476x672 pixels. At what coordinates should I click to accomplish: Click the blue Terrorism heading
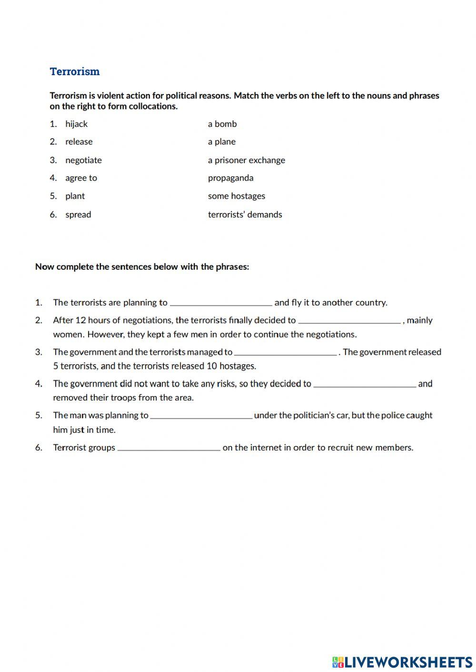(75, 72)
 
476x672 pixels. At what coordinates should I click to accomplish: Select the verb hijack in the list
(76, 124)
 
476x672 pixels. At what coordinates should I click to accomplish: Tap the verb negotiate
(83, 160)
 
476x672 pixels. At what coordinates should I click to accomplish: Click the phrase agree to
(81, 178)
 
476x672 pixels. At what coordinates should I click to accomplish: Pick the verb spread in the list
(78, 214)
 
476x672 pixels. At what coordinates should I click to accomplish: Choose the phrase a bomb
(222, 124)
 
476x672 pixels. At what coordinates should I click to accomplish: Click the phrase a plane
(222, 142)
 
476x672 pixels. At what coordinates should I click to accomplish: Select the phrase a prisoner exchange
(247, 160)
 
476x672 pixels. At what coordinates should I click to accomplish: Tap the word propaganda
(231, 178)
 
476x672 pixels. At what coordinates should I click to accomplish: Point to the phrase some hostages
(237, 196)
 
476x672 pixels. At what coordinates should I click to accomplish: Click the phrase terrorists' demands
(245, 214)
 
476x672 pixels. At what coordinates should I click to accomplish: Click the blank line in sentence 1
(221, 302)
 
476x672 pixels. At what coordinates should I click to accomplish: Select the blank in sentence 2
(349, 321)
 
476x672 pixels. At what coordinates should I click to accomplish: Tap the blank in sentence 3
(286, 352)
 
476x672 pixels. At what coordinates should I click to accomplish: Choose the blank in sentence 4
(365, 384)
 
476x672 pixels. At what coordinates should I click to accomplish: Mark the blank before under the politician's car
(201, 416)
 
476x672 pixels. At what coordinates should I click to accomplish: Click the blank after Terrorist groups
(169, 448)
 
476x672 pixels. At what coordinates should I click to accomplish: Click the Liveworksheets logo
(402, 662)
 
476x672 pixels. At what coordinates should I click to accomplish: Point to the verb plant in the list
(75, 196)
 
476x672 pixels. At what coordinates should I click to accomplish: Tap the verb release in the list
(79, 142)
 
